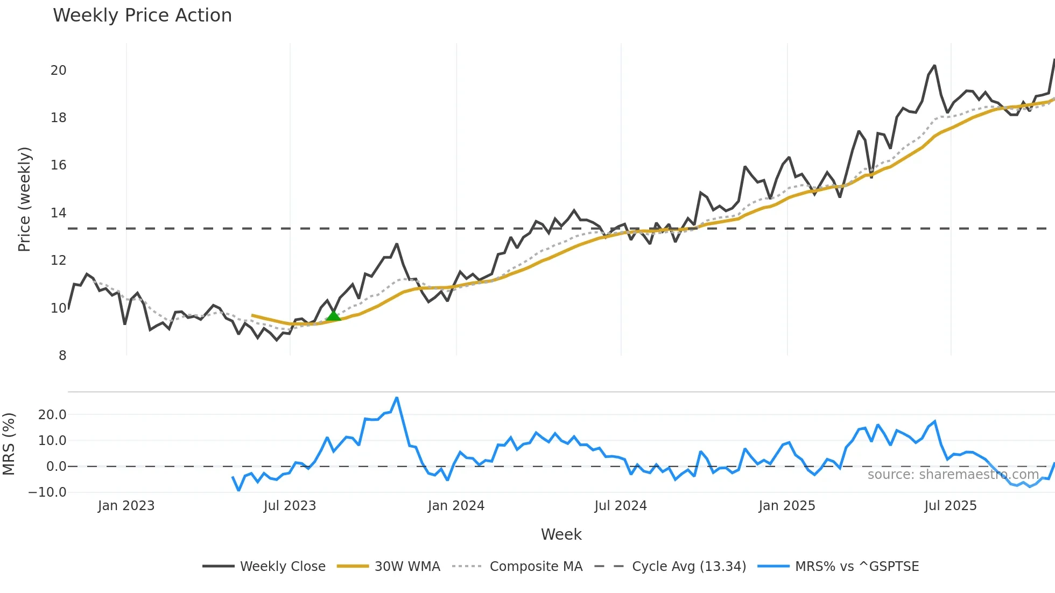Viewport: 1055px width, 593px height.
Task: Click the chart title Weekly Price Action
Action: [142, 16]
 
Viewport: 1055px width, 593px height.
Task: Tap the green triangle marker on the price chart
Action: [333, 316]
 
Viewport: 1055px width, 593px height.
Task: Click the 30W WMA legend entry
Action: [388, 567]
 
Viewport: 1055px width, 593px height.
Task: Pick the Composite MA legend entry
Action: [517, 567]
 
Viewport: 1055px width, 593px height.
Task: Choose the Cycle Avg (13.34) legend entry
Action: [670, 567]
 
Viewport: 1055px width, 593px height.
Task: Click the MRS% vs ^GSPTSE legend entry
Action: [838, 567]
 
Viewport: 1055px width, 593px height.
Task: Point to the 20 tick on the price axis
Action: [58, 70]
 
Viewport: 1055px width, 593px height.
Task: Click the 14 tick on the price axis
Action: [58, 213]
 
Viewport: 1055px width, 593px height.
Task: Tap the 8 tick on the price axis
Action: [62, 356]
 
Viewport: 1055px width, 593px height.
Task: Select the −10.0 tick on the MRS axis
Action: [47, 492]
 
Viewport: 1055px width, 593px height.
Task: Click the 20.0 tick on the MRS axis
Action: [52, 415]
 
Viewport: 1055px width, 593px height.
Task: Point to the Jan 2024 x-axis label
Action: [456, 506]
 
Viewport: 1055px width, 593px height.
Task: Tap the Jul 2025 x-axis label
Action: [950, 506]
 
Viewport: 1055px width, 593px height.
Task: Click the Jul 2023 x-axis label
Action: [290, 506]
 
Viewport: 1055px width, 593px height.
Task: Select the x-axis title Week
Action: [561, 534]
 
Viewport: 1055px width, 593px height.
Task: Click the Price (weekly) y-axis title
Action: [24, 199]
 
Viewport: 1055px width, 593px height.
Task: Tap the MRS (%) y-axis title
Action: [9, 444]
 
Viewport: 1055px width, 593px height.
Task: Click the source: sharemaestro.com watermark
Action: [953, 475]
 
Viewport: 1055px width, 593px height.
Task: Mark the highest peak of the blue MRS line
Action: [397, 398]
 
